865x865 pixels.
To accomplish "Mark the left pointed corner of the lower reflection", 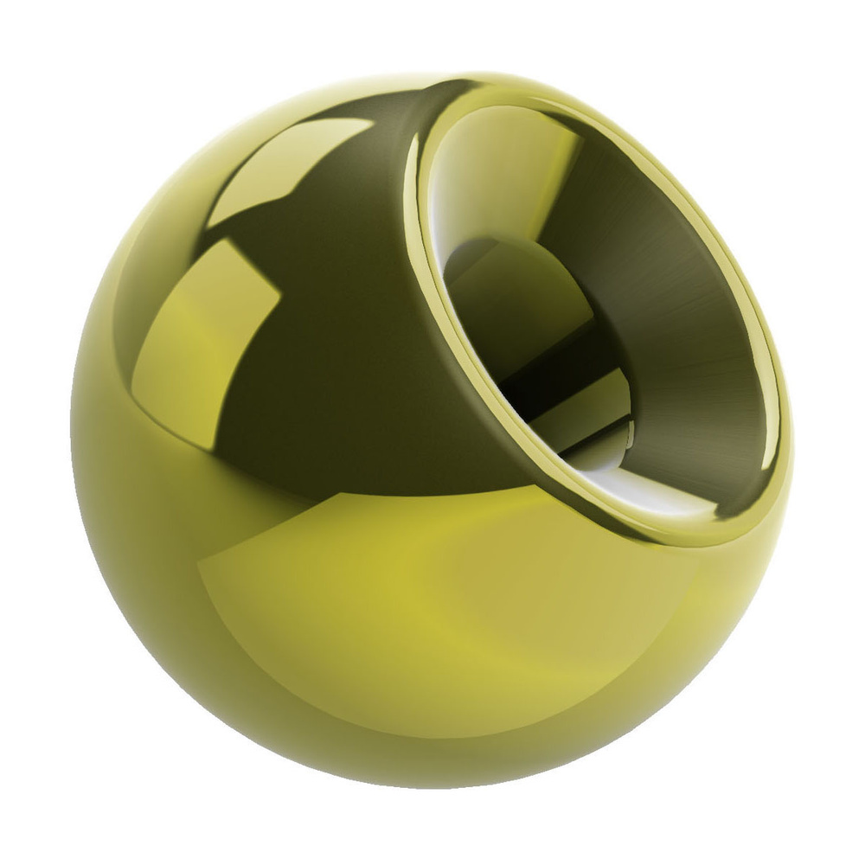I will click(201, 567).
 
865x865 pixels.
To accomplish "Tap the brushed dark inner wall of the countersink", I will click(692, 346).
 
